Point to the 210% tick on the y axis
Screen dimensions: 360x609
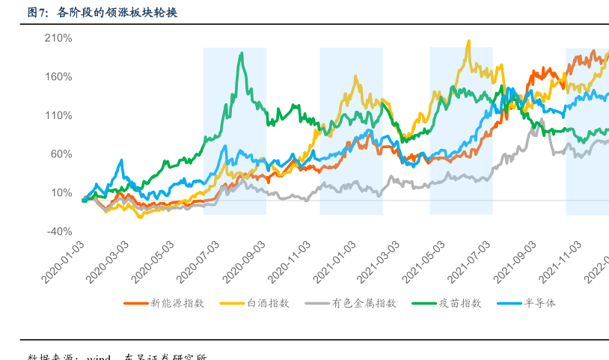[x=58, y=37]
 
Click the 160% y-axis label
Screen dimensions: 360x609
[x=58, y=76]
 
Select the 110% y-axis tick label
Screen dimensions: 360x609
[x=58, y=115]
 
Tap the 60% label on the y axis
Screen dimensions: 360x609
[x=61, y=154]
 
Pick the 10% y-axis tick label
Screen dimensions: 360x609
[x=61, y=192]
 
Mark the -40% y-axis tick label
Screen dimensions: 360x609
[x=59, y=231]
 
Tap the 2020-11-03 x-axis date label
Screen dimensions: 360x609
[x=290, y=262]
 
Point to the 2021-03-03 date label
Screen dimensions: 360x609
[x=380, y=262]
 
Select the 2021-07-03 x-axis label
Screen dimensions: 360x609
[x=471, y=262]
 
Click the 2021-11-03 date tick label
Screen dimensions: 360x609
[x=562, y=262]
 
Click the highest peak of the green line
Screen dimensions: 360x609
[x=241, y=53]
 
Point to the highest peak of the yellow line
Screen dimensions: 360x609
[x=468, y=41]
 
